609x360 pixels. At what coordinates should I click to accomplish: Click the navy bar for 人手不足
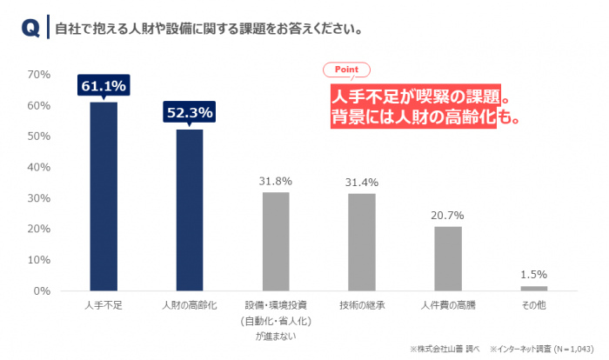104,197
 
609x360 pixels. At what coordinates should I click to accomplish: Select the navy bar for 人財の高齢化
190,210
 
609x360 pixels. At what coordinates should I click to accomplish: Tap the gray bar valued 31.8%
276,242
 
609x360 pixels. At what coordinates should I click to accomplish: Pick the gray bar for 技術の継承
362,243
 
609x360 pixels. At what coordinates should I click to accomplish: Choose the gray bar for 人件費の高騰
448,258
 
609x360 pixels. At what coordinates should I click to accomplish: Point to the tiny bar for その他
534,288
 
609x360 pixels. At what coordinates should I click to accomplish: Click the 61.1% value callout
104,86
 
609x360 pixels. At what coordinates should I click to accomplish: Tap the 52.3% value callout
190,112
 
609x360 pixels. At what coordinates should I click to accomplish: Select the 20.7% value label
448,215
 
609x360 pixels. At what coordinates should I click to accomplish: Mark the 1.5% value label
534,274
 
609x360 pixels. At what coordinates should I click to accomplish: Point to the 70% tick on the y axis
40,75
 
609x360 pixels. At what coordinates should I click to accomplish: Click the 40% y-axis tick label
40,167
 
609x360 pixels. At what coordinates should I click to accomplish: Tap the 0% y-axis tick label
43,290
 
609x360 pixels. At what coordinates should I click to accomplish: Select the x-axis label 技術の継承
362,307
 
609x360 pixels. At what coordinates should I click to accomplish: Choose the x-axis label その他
534,307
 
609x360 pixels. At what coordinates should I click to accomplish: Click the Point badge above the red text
346,70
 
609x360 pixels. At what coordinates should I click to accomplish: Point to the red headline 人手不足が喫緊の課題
414,95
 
